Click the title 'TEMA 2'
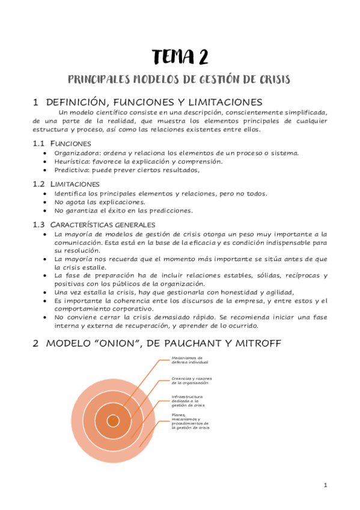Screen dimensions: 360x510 pos(180,58)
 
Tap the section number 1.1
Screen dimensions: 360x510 pos(38,144)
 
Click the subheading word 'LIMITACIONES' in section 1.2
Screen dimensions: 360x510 pos(76,183)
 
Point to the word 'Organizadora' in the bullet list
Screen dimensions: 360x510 pos(75,153)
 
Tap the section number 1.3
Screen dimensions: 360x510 pos(38,224)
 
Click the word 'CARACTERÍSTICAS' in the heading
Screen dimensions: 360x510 pos(80,224)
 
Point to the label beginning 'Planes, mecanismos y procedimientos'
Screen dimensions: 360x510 pos(190,421)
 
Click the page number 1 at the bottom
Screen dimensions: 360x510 pos(325,485)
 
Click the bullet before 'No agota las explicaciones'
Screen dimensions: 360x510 pos(47,202)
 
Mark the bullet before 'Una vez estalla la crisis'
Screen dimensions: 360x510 pos(47,292)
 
